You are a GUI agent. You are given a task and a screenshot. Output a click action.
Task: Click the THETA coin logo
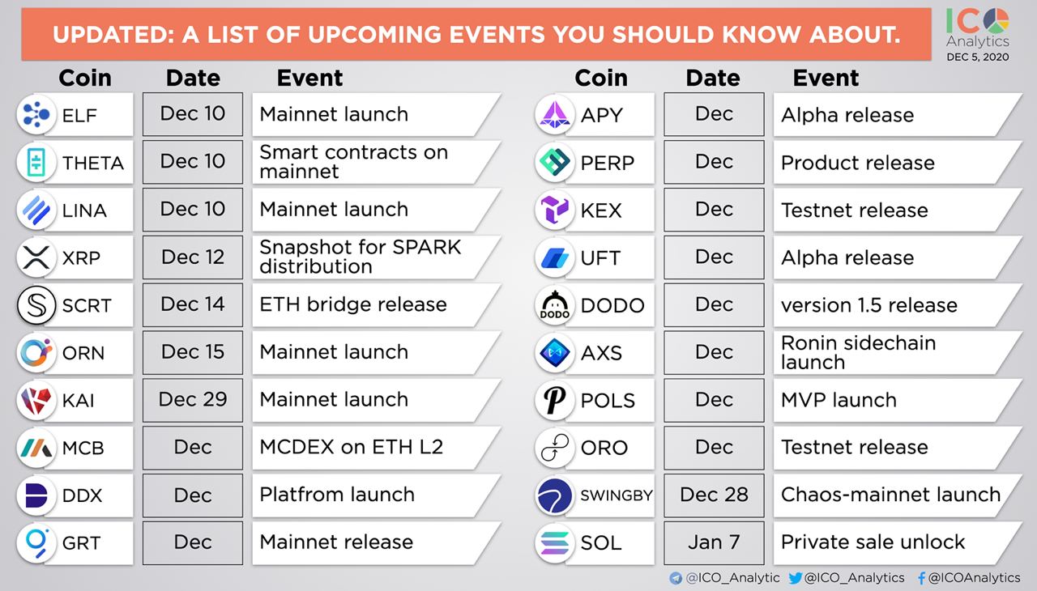tap(36, 162)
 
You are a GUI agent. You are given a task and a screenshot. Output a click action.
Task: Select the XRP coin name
tap(81, 257)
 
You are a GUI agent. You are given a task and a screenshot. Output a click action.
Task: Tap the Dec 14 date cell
tap(193, 304)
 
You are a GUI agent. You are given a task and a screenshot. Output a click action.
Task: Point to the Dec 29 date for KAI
tap(193, 400)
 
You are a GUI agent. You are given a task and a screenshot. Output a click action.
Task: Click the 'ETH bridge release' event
tap(353, 304)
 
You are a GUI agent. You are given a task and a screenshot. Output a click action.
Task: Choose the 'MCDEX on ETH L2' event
tap(352, 447)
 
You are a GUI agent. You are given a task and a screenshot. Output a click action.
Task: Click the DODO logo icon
tap(555, 305)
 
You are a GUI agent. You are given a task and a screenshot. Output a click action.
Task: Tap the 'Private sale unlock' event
tap(873, 542)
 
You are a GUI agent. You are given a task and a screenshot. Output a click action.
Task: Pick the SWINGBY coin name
tap(617, 495)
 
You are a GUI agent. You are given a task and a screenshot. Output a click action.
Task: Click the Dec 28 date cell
tap(714, 495)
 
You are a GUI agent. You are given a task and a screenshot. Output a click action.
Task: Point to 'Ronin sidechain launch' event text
tap(858, 352)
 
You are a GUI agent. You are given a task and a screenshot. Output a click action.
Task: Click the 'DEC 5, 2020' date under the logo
tap(978, 57)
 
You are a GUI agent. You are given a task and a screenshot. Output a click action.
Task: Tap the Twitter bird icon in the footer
tap(796, 577)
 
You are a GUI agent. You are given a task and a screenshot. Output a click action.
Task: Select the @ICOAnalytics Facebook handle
tap(974, 577)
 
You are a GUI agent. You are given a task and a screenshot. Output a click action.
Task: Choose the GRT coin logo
tap(36, 543)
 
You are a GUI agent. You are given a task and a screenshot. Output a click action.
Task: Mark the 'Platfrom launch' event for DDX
tap(337, 495)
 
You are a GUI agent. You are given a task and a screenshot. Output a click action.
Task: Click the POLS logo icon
tap(555, 400)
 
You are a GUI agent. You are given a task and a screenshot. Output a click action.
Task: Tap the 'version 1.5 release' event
tap(869, 305)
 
